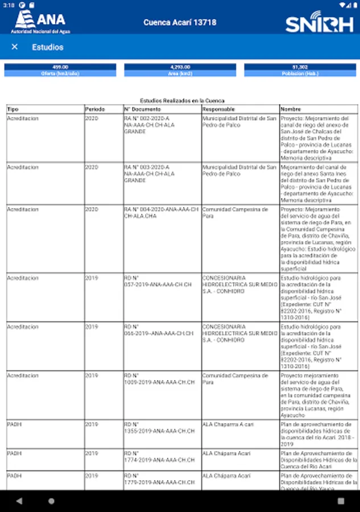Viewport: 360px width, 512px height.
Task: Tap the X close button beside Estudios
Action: point(15,47)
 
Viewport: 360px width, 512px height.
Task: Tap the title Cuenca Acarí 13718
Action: point(180,23)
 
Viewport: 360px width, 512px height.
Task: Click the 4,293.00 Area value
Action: point(180,67)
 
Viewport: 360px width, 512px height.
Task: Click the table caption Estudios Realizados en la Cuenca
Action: point(182,101)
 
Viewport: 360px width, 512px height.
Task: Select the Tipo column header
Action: point(13,109)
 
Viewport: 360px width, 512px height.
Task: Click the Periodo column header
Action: point(95,109)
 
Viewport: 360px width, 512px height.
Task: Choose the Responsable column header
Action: point(219,109)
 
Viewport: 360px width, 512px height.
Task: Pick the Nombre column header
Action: point(291,109)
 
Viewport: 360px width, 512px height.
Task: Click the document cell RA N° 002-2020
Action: point(147,125)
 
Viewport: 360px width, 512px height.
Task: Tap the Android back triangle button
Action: point(19,501)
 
